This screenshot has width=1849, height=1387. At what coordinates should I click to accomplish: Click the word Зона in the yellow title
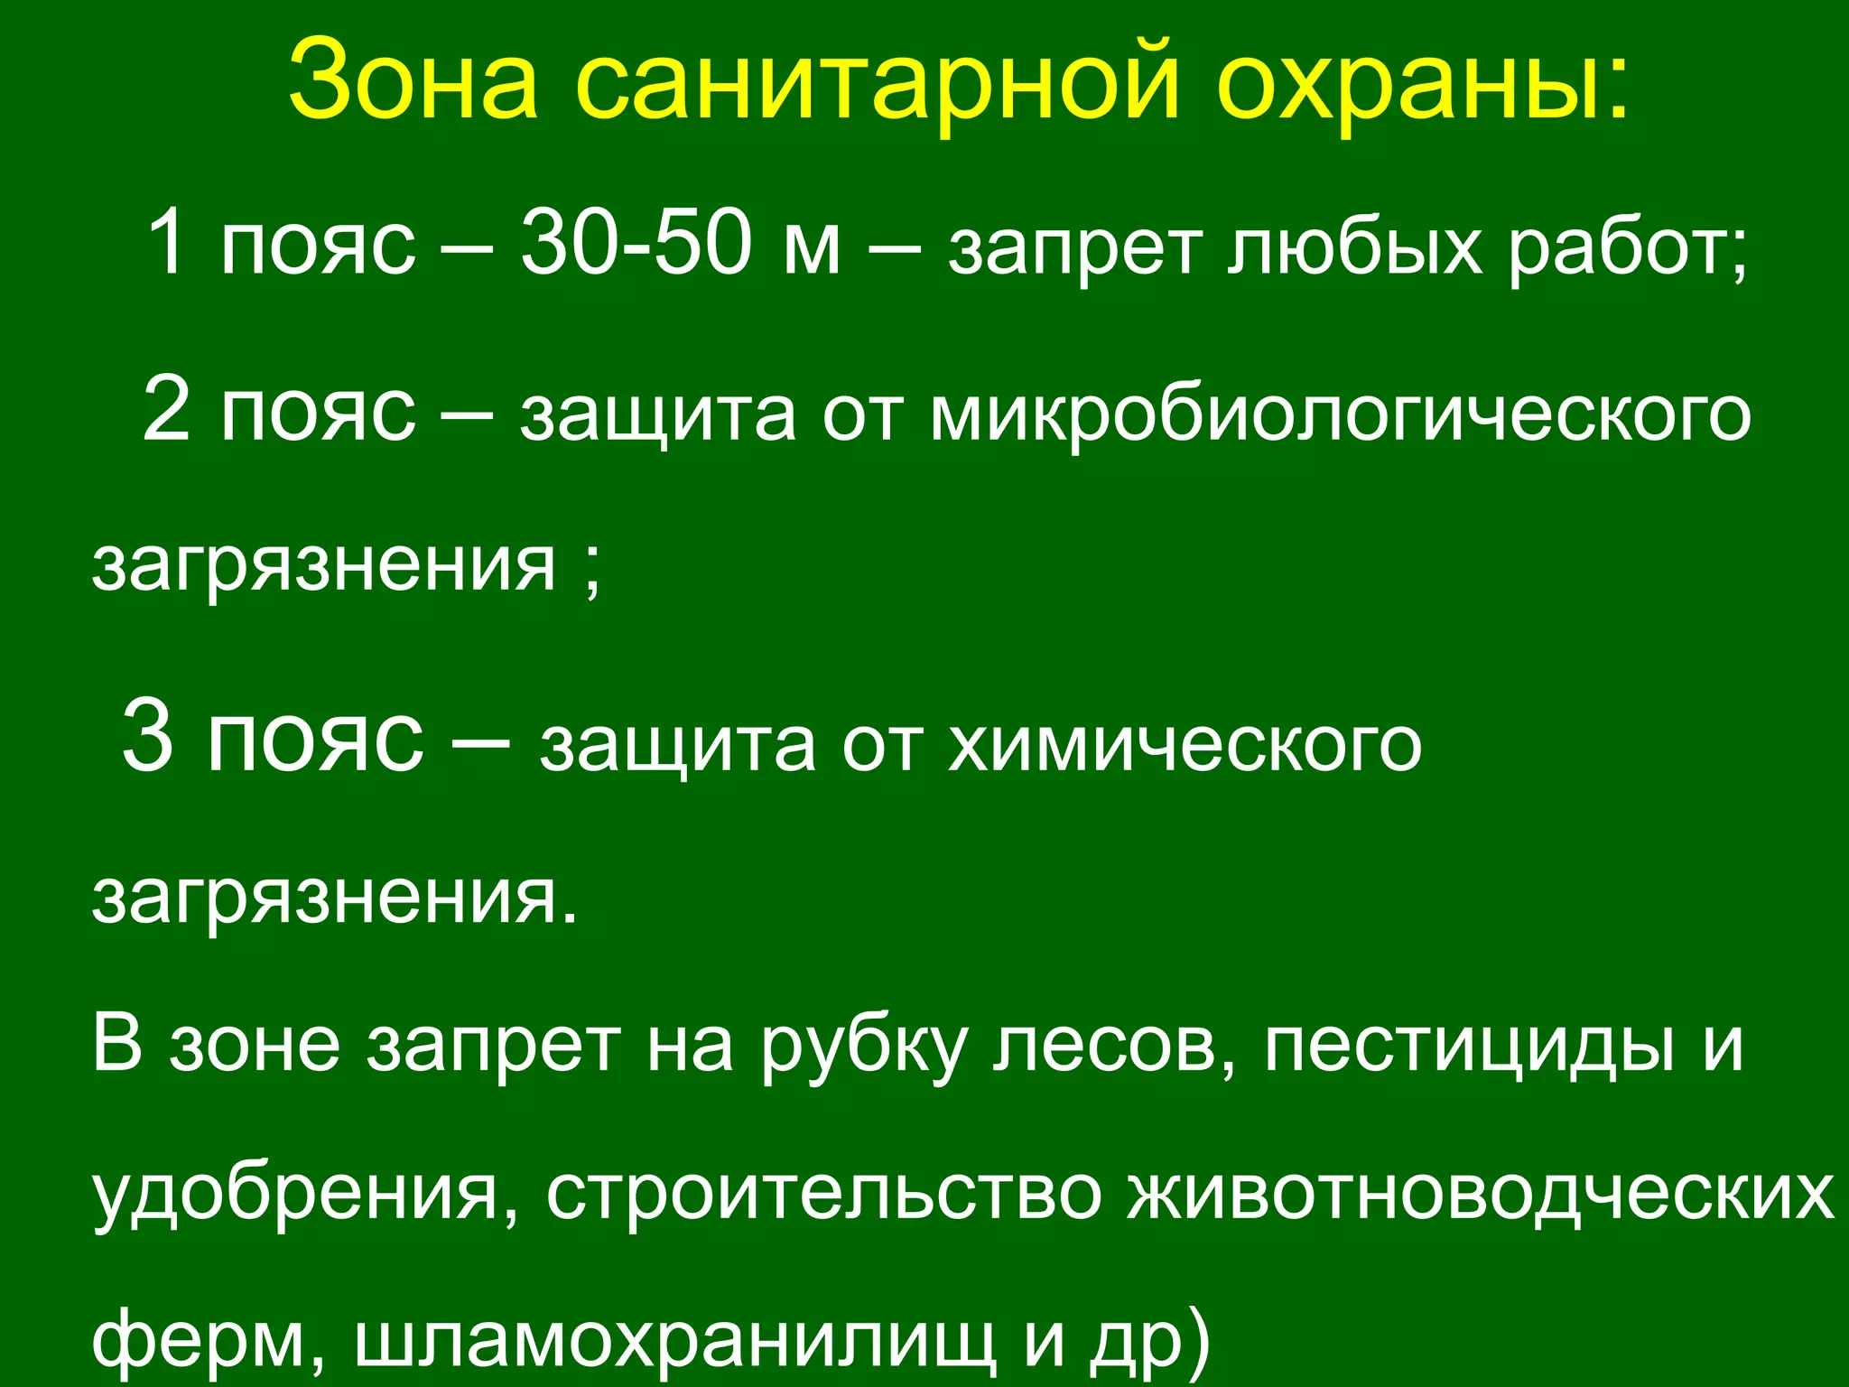tap(413, 81)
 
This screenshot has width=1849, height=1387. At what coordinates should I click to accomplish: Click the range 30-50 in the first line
tap(636, 245)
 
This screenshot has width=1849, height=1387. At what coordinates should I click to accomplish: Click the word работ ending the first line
tap(1620, 248)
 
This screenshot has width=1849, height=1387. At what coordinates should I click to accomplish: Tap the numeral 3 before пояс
tap(147, 736)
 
